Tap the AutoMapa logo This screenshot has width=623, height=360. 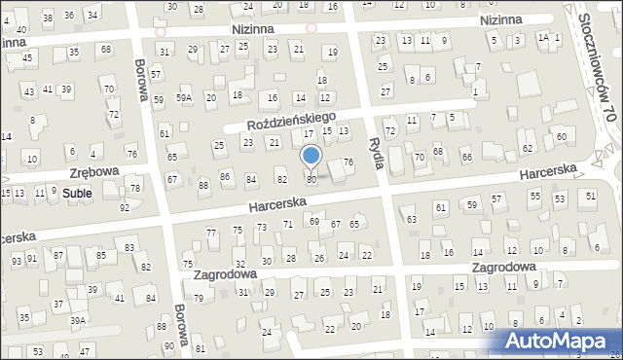pyautogui.click(x=561, y=342)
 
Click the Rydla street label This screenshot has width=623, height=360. pyautogui.click(x=377, y=154)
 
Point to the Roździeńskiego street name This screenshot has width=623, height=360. pyautogui.click(x=291, y=122)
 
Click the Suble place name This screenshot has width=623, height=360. pyautogui.click(x=77, y=194)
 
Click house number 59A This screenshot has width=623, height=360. pyautogui.click(x=184, y=98)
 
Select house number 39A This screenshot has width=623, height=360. pyautogui.click(x=78, y=320)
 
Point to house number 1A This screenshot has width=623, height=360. pyautogui.click(x=544, y=37)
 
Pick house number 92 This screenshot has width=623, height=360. pyautogui.click(x=125, y=208)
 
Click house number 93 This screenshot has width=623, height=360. pyautogui.click(x=17, y=262)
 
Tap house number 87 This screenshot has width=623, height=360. pyautogui.click(x=58, y=255)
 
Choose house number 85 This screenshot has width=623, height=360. pyautogui.click(x=101, y=256)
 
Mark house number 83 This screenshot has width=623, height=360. pyautogui.click(x=129, y=248)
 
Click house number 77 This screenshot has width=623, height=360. pyautogui.click(x=211, y=232)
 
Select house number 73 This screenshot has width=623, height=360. pyautogui.click(x=262, y=227)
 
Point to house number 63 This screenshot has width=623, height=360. pyautogui.click(x=412, y=220)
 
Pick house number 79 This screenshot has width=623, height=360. pyautogui.click(x=199, y=299)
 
